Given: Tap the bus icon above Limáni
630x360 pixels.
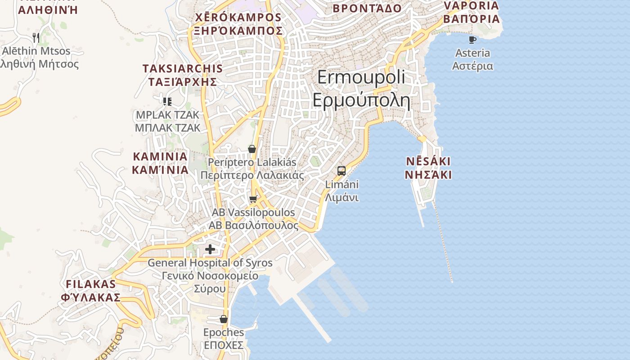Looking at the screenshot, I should (342, 171).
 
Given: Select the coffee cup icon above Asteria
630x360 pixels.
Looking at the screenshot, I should (472, 40).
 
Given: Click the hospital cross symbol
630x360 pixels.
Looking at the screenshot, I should (210, 249).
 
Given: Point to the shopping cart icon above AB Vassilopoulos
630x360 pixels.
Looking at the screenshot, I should (253, 199).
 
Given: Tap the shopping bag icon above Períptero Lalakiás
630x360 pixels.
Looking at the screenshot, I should (252, 149).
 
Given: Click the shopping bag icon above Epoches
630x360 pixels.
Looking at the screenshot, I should (223, 319).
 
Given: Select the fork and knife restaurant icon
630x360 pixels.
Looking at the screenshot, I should (36, 37).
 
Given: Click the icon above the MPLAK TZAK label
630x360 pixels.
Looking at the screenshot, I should (167, 101).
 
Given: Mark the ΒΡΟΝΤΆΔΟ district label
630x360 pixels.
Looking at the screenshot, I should (367, 8).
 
